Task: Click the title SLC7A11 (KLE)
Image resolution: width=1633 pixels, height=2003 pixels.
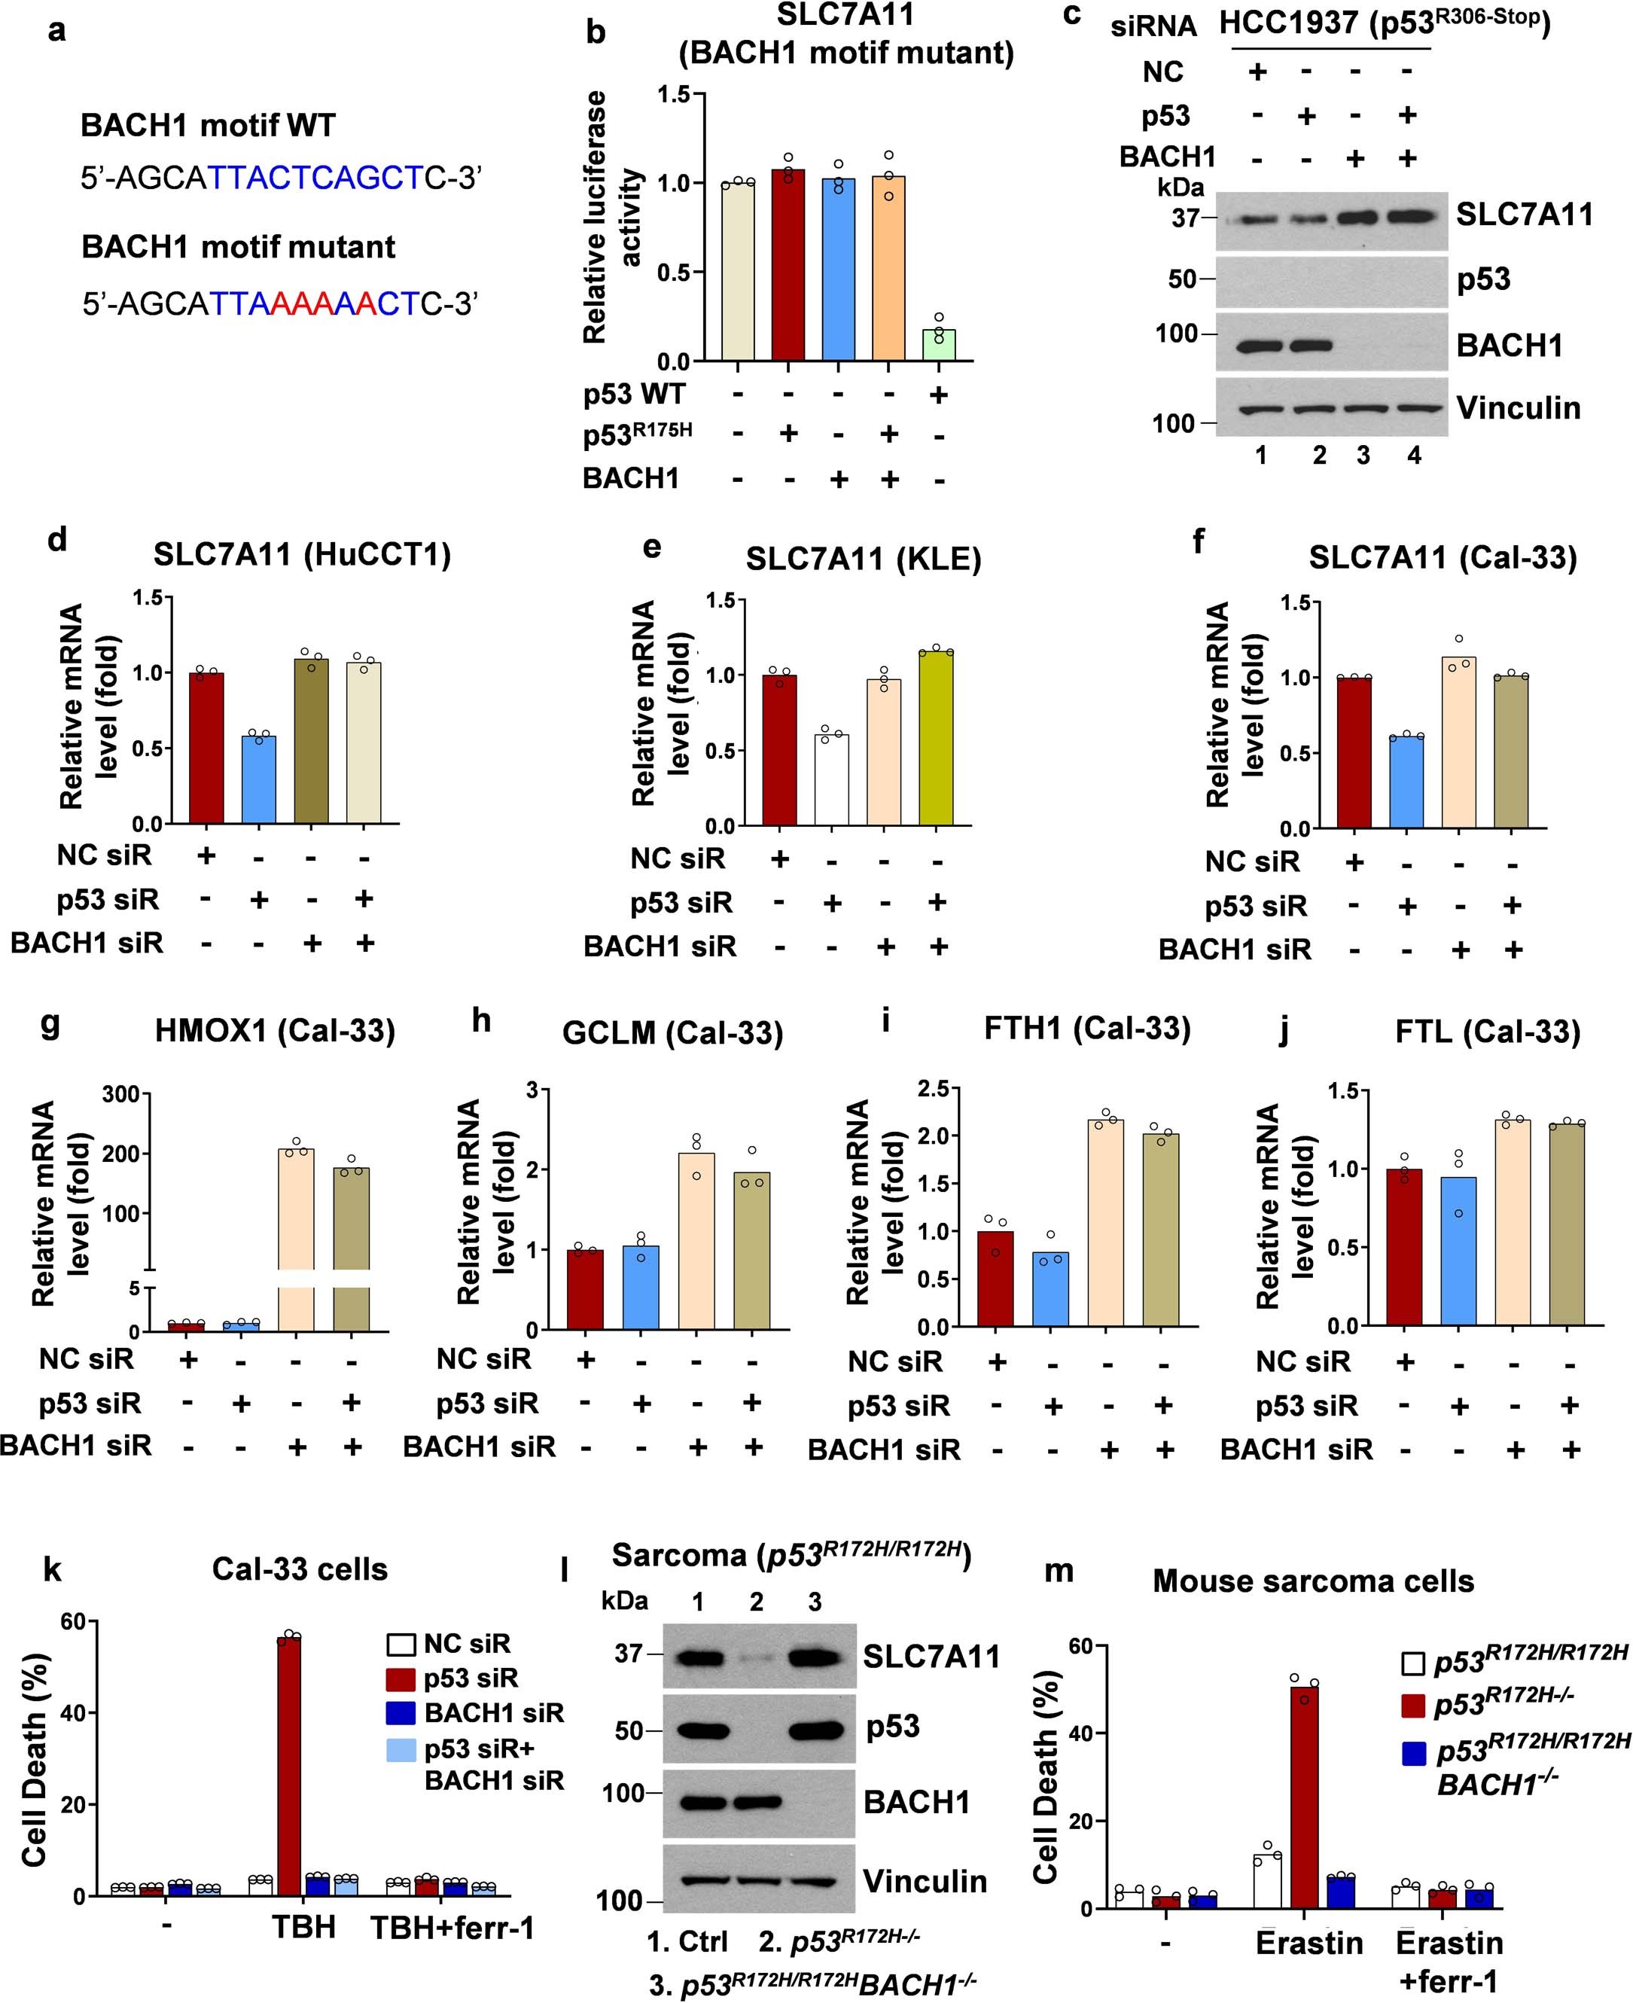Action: pyautogui.click(x=863, y=559)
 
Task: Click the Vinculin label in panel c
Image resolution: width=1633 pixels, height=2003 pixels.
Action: pyautogui.click(x=1517, y=408)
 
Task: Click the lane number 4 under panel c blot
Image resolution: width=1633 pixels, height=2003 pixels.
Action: pyautogui.click(x=1414, y=456)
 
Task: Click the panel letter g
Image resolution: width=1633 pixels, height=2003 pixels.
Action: pyautogui.click(x=52, y=1023)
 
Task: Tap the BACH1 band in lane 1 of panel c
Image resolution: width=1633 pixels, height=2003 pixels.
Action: pyautogui.click(x=1260, y=346)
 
